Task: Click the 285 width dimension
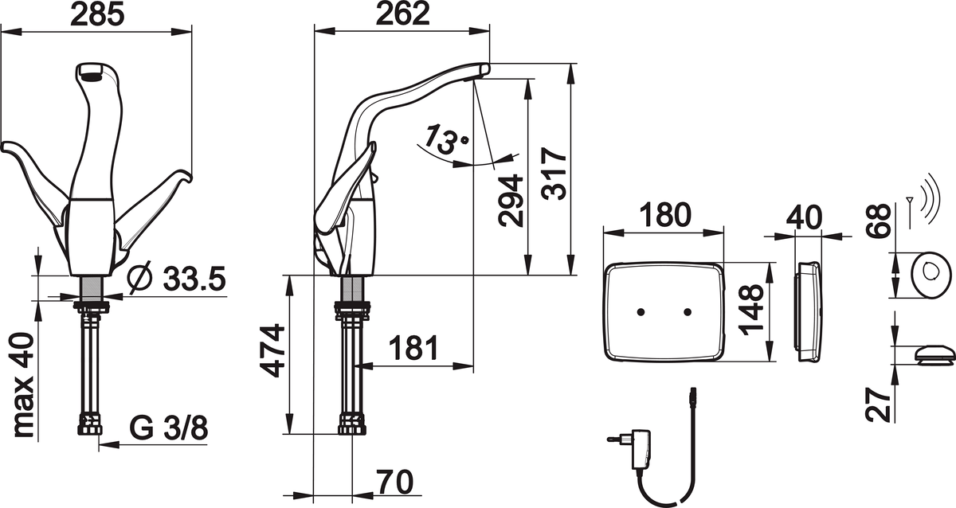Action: point(96,14)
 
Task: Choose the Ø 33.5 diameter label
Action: point(177,279)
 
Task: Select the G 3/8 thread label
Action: point(168,428)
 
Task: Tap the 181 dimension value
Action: point(413,348)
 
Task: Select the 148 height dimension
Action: point(751,314)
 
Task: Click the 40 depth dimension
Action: point(805,217)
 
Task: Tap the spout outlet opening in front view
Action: point(94,76)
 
